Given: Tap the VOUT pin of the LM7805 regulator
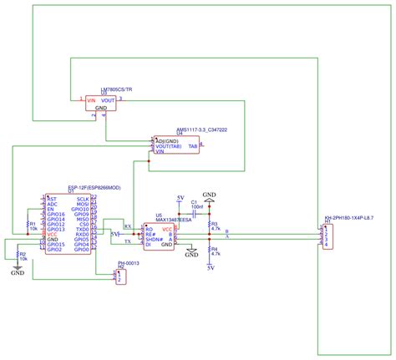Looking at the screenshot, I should click(109, 100).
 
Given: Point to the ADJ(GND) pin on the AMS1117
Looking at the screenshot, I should click(168, 141).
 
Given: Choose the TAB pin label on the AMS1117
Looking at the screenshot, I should click(193, 145).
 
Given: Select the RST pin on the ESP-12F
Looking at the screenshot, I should click(52, 200).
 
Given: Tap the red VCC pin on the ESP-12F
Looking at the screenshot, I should click(53, 234).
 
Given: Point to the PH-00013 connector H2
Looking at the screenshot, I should click(120, 276).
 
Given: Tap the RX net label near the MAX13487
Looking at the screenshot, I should click(127, 226).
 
